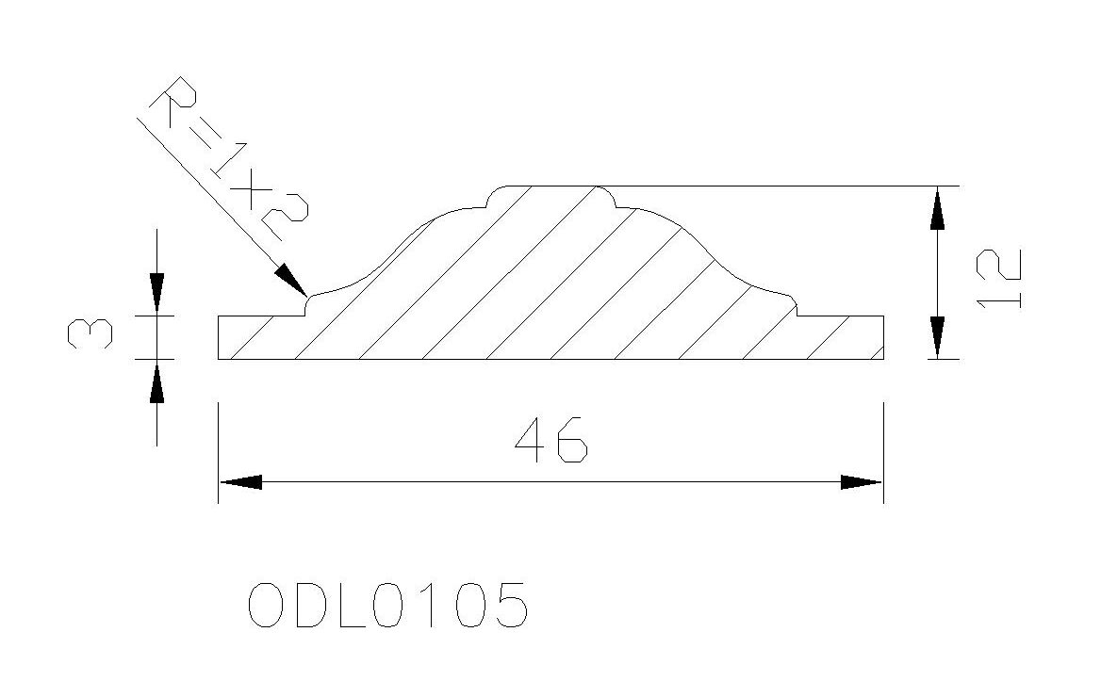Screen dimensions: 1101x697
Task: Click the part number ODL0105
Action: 387,605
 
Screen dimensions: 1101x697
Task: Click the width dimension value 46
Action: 550,440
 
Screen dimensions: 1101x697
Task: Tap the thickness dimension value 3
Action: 90,332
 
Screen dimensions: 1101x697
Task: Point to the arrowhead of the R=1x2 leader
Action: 290,280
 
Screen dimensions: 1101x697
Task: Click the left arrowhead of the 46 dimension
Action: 241,482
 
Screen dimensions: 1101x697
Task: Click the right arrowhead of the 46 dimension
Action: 861,482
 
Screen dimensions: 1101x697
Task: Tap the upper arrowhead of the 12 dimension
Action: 937,208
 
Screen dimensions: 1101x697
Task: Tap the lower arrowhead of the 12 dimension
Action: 937,337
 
